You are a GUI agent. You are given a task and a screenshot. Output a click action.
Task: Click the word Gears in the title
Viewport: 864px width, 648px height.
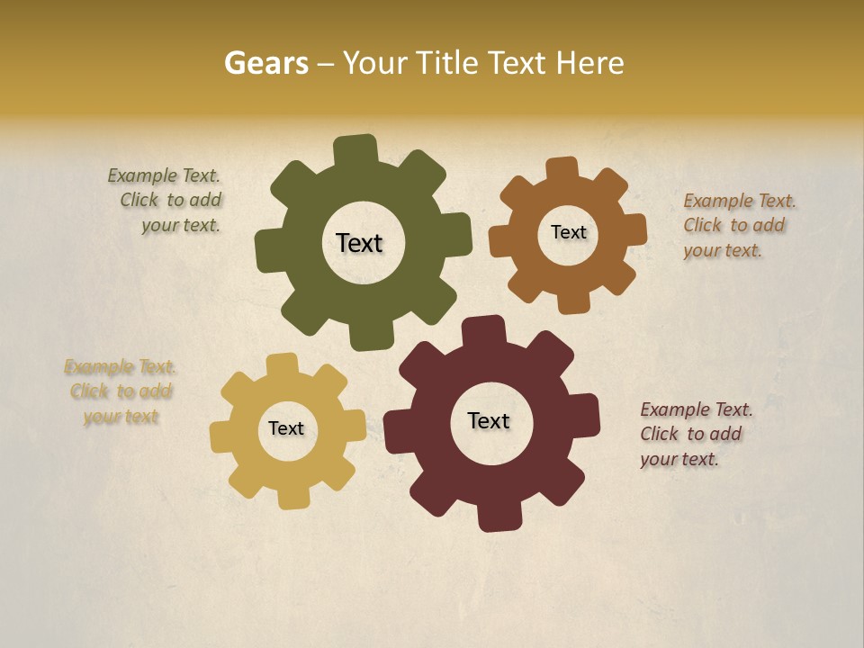click(x=264, y=64)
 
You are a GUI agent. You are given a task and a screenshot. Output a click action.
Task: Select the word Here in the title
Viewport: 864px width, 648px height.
click(x=590, y=64)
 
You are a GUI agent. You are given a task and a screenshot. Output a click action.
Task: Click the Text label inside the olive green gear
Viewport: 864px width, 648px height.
click(x=359, y=243)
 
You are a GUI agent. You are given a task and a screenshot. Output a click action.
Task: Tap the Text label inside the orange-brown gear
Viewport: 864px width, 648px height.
click(x=568, y=232)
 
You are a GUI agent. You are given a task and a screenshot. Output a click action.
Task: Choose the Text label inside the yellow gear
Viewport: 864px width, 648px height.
click(x=286, y=428)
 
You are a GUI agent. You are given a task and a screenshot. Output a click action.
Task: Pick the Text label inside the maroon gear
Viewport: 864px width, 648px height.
click(x=489, y=420)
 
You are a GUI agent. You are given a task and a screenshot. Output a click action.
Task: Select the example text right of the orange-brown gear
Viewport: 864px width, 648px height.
click(x=738, y=225)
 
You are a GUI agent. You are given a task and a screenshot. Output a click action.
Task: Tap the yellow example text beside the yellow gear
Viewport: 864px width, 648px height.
click(x=121, y=391)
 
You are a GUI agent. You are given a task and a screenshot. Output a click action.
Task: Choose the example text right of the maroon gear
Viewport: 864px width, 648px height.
click(x=695, y=434)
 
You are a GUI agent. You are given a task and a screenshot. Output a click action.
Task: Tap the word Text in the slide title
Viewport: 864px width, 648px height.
click(x=518, y=64)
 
